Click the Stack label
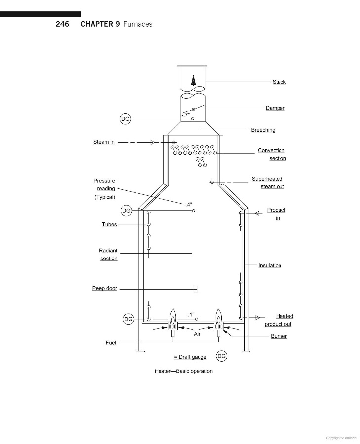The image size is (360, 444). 279,82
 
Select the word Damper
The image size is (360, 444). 275,108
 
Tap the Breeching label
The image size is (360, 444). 263,130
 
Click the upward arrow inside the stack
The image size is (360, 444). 193,81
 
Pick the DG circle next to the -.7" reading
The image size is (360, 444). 125,119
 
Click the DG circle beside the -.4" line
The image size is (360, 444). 126,211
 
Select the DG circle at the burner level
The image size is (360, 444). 128,319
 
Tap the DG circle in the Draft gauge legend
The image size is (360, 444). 221,356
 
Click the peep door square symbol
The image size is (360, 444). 196,289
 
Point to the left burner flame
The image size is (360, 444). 173,316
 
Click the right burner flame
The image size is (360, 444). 218,316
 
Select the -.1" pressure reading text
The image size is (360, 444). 190,315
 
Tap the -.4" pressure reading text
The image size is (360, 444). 188,204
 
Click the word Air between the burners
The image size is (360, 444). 197,334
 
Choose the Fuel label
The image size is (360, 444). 111,343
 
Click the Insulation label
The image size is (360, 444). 270,265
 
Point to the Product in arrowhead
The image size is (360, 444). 257,213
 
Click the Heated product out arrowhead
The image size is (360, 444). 257,317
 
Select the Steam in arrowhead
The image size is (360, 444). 153,142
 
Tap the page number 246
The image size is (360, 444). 62,24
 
